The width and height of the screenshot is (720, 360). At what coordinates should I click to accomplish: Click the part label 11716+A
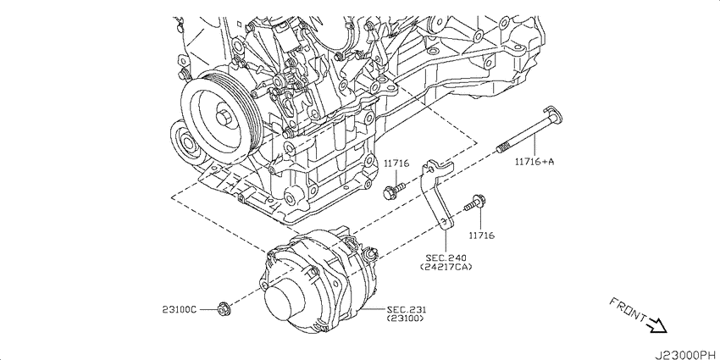coord(534,161)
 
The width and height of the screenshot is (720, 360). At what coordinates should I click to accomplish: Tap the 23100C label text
coord(179,310)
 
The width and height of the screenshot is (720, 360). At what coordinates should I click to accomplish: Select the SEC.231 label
coord(403,310)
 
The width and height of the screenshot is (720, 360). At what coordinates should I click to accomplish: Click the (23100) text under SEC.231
coord(405,318)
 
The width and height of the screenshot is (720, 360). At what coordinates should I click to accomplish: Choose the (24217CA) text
coord(446,267)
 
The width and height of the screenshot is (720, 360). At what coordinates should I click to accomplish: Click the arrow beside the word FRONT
coord(656,325)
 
